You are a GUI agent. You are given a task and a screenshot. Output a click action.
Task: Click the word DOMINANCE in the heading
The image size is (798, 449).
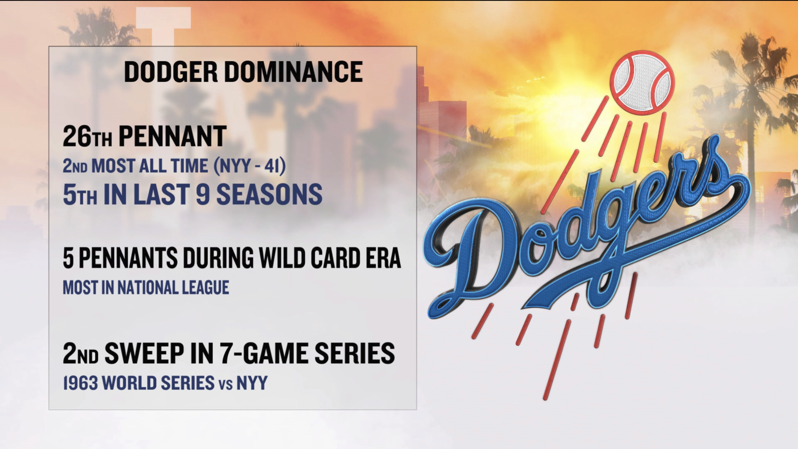coord(293,72)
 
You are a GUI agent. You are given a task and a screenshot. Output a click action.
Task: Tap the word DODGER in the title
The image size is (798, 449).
coord(171,72)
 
